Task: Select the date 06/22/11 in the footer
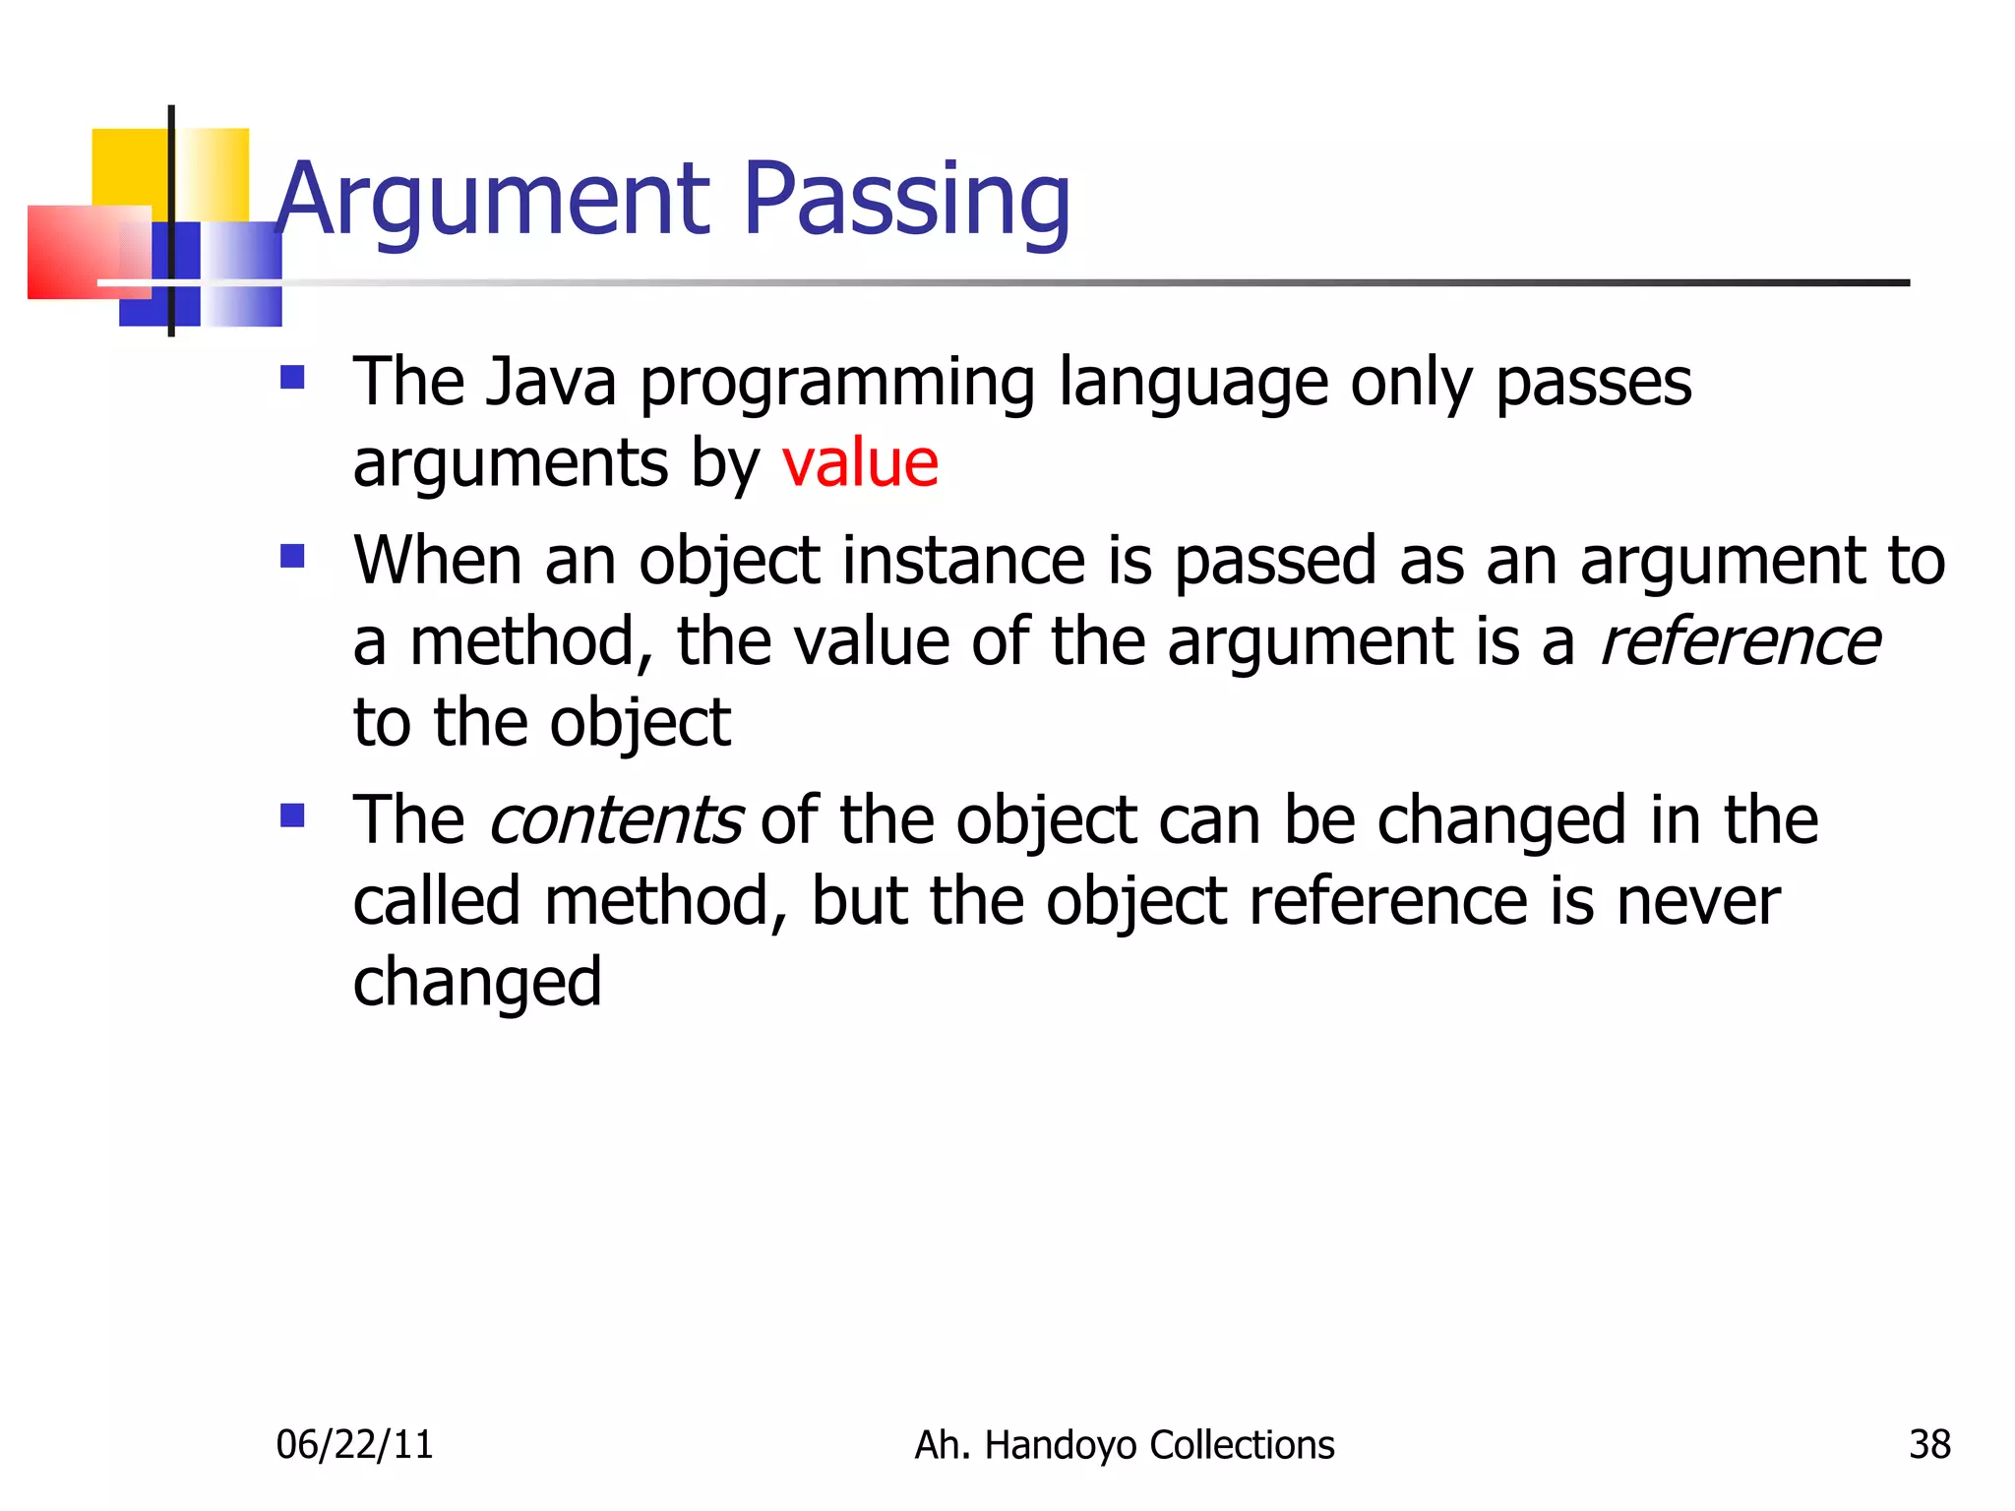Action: [354, 1444]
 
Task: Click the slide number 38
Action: [1929, 1444]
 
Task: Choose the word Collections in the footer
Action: [1242, 1444]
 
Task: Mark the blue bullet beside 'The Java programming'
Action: [292, 378]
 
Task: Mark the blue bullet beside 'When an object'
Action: [292, 557]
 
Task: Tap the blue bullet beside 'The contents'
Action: [292, 816]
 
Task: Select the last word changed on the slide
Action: [477, 983]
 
